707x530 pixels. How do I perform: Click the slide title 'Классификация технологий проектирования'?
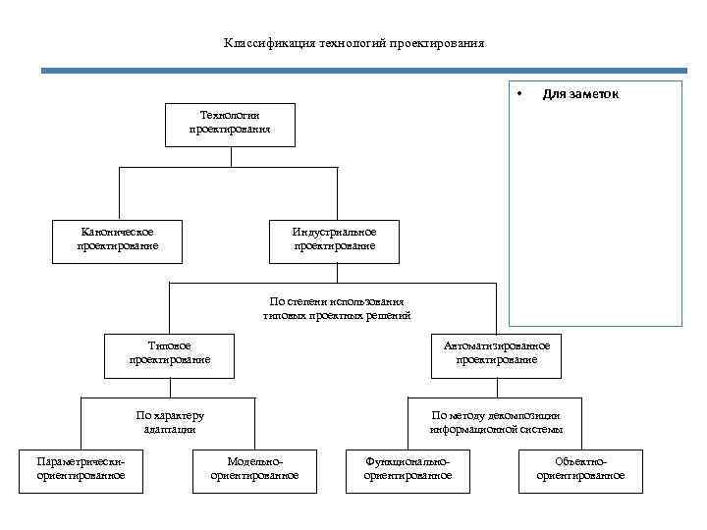point(353,43)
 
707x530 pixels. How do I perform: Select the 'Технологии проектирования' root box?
point(230,124)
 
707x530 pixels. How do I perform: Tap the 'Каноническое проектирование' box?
point(117,239)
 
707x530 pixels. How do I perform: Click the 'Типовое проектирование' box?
point(169,353)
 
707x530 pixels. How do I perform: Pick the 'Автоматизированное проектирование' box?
point(496,353)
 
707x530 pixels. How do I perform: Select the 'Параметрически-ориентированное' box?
point(81,468)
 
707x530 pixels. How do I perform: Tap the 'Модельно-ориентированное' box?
point(254,468)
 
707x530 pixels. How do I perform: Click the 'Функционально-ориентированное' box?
point(408,468)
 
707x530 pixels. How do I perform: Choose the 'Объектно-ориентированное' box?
point(580,468)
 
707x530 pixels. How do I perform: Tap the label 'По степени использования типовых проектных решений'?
point(337,308)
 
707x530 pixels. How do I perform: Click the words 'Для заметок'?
point(580,94)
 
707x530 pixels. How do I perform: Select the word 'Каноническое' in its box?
point(117,232)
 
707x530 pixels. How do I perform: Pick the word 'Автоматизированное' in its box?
point(496,345)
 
